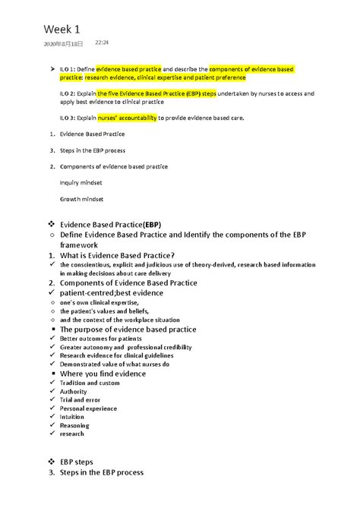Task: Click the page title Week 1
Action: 62,29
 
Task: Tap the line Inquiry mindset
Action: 81,183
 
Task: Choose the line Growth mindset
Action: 81,199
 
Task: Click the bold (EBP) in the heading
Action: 152,225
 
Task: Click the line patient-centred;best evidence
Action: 111,292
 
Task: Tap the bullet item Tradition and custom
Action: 90,383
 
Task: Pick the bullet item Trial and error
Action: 80,400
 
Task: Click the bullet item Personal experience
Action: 88,409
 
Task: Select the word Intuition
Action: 72,417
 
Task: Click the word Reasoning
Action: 74,425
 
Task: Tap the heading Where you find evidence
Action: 103,374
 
